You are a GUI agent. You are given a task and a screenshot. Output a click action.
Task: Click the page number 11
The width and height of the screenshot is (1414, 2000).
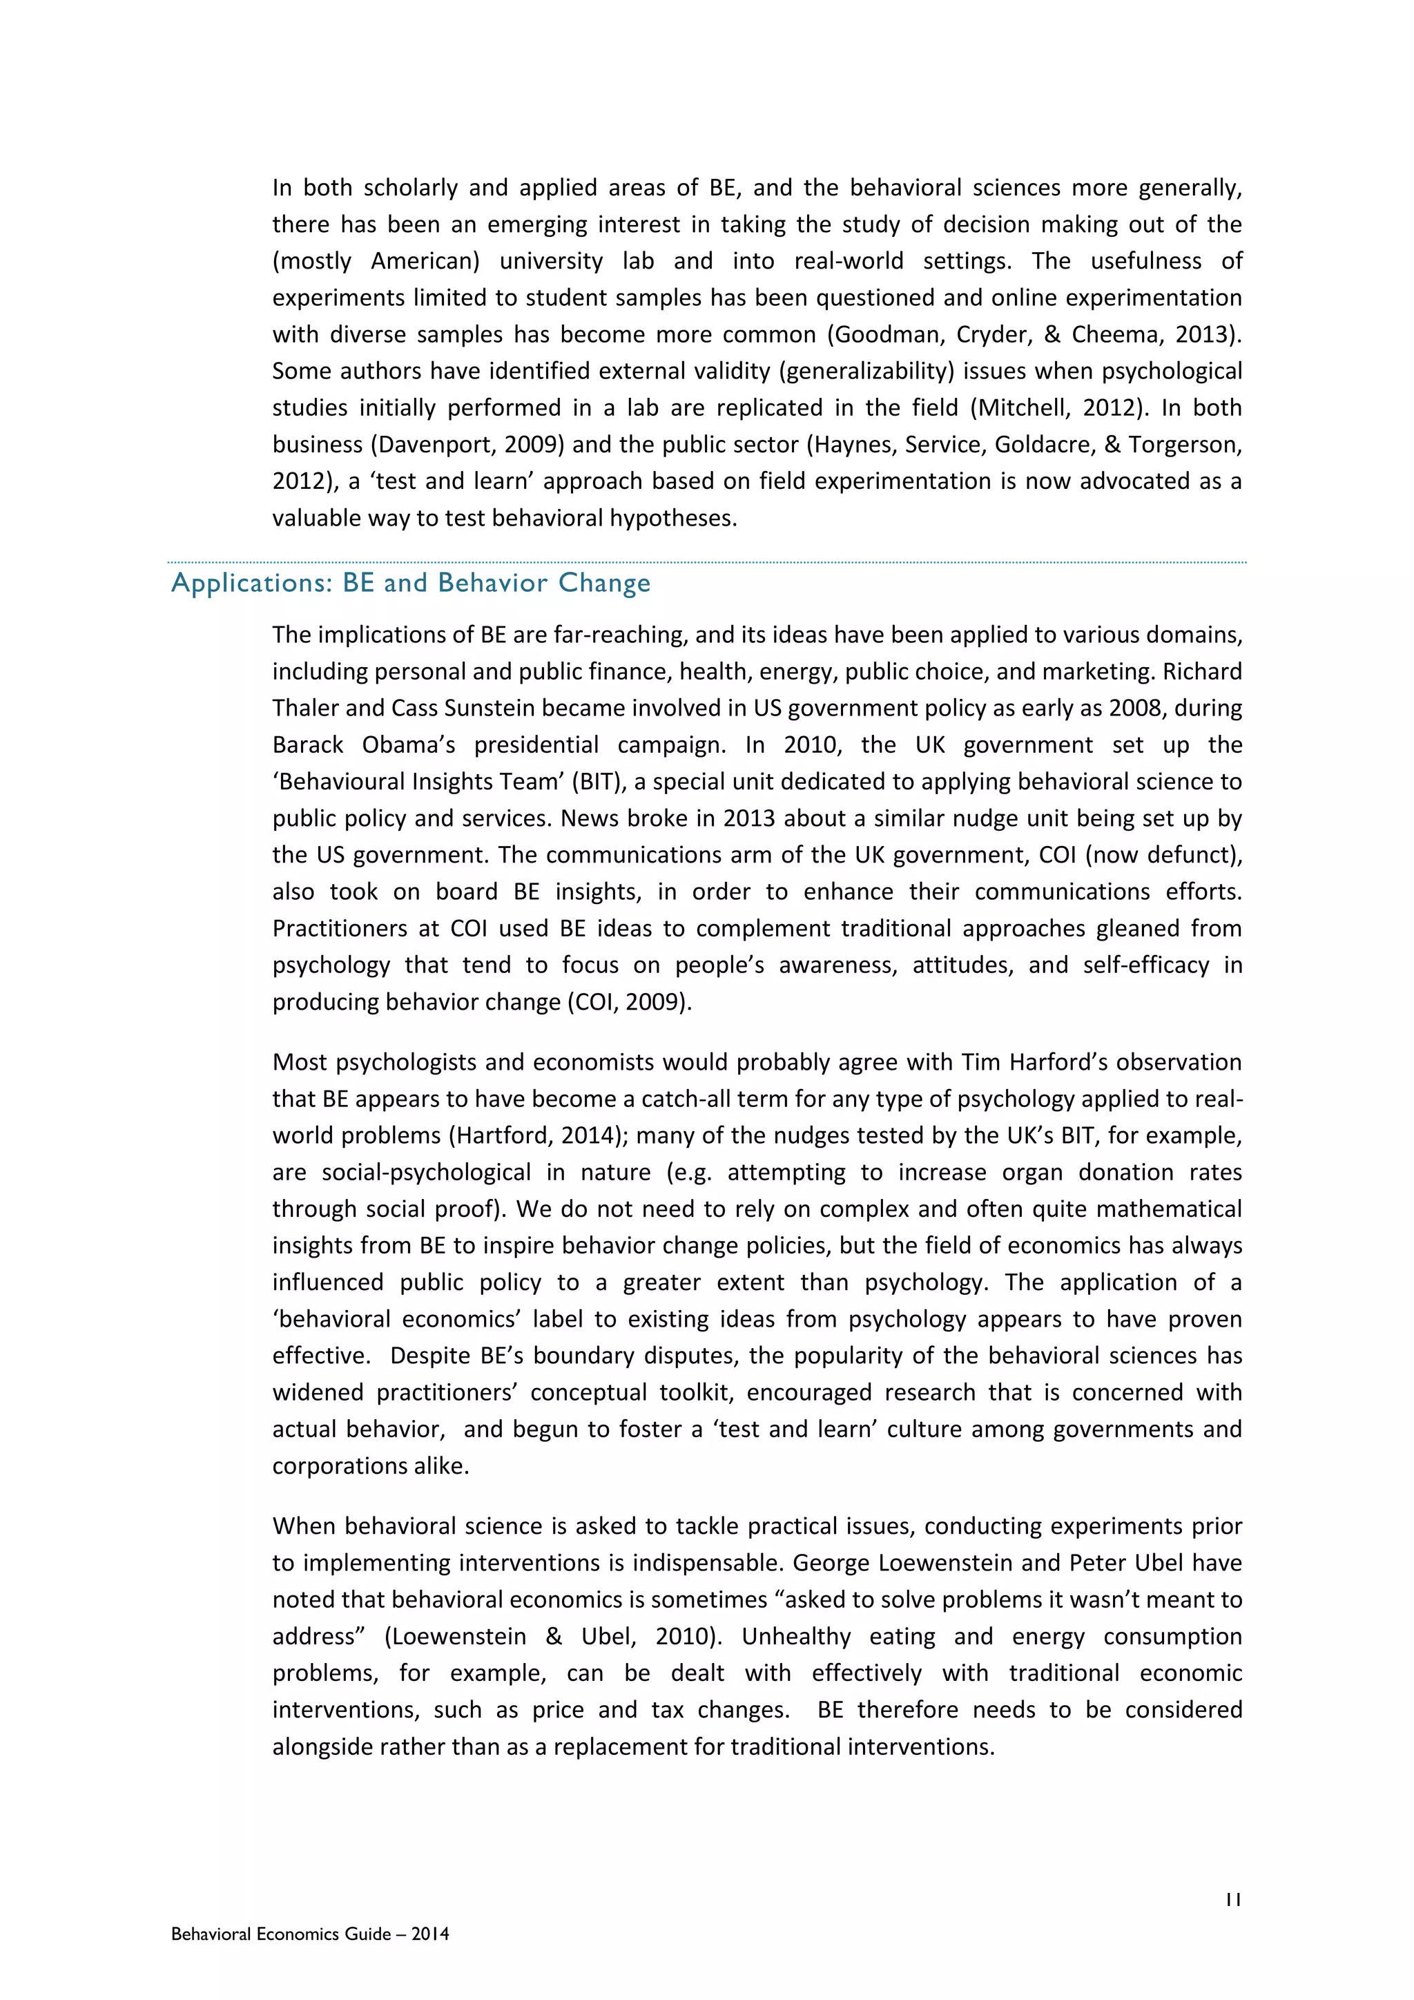pyautogui.click(x=1232, y=1900)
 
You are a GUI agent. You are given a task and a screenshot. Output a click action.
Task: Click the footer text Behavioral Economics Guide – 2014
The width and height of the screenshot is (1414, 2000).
pyautogui.click(x=310, y=1934)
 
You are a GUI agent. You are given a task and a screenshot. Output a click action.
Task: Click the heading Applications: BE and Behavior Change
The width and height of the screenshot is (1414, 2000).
pyautogui.click(x=411, y=583)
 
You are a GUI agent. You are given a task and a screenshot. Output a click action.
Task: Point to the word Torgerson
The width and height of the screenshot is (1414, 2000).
pyautogui.click(x=1183, y=444)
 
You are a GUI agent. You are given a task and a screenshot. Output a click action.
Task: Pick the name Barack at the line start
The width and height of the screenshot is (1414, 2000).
pyautogui.click(x=307, y=744)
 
